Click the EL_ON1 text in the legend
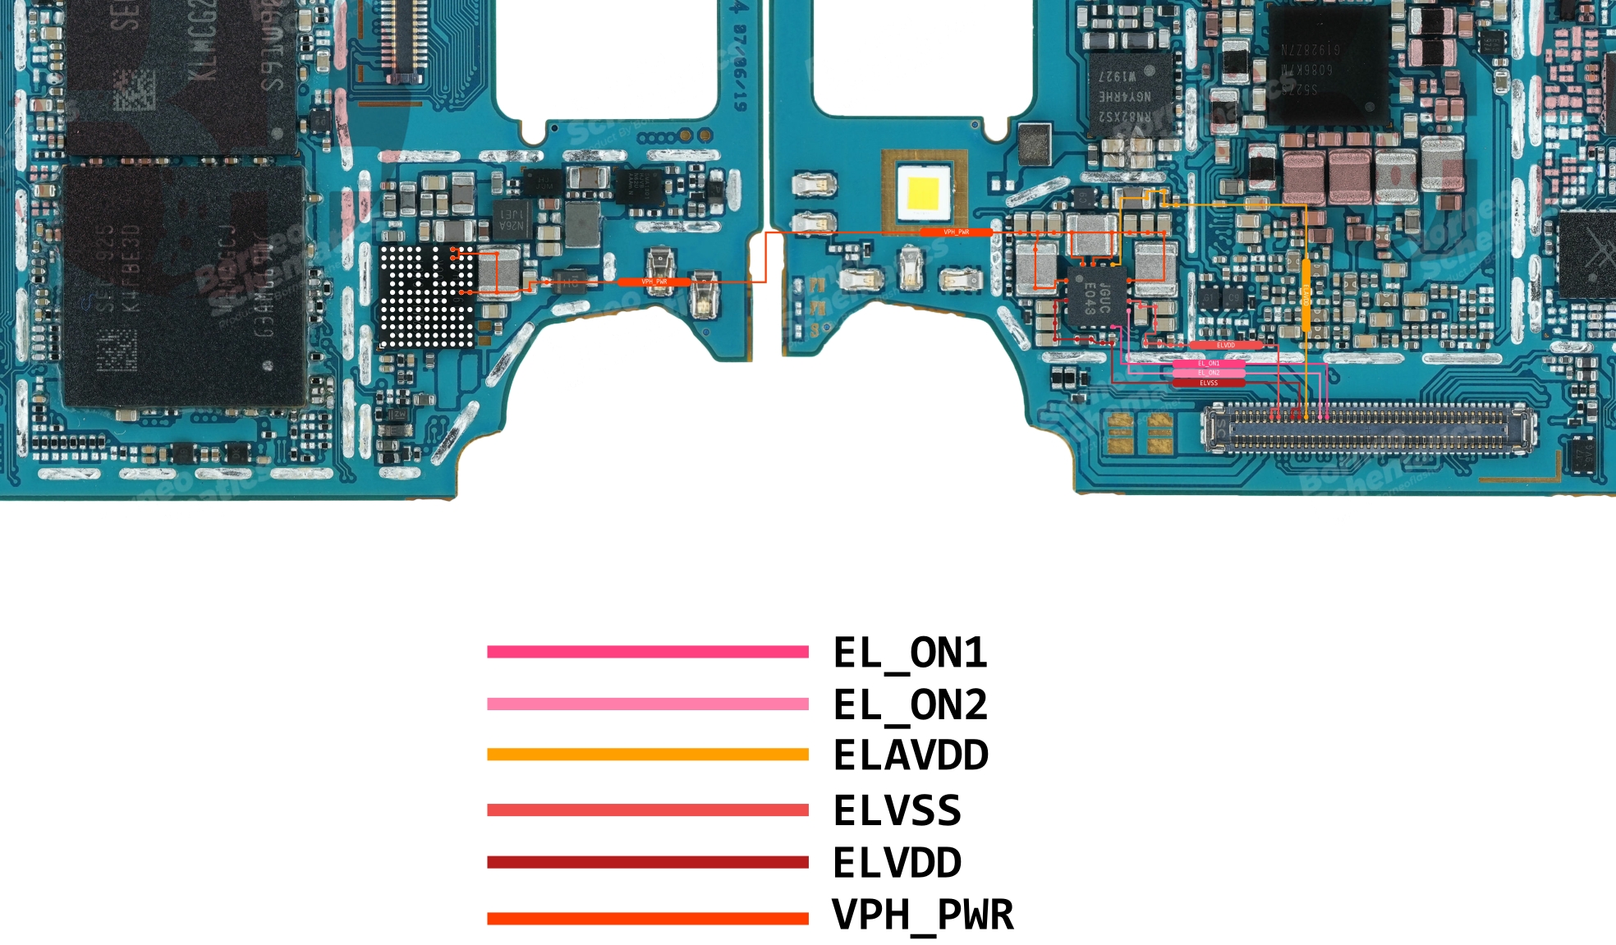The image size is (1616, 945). pyautogui.click(x=910, y=653)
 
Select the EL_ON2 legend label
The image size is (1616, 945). pyautogui.click(x=910, y=704)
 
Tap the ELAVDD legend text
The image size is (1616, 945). pyautogui.click(x=911, y=755)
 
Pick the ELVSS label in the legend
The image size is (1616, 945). pyautogui.click(x=897, y=810)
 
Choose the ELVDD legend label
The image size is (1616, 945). pyautogui.click(x=897, y=863)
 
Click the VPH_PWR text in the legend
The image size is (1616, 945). pyautogui.click(x=923, y=915)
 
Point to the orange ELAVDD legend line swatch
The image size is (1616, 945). pyautogui.click(x=647, y=755)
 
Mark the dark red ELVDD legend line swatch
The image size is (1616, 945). pyautogui.click(x=647, y=862)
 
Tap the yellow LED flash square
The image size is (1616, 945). pyautogui.click(x=923, y=194)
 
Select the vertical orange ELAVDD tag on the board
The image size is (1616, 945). pyautogui.click(x=1306, y=296)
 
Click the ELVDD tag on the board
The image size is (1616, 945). pyautogui.click(x=1225, y=346)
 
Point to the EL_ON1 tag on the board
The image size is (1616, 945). pyautogui.click(x=1208, y=364)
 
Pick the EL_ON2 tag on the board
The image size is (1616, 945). pyautogui.click(x=1208, y=373)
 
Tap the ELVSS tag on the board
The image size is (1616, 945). pyautogui.click(x=1208, y=383)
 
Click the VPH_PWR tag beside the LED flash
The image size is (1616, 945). pyautogui.click(x=956, y=232)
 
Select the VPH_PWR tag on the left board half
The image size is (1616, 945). pyautogui.click(x=654, y=282)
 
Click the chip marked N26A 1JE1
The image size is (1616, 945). pyautogui.click(x=511, y=219)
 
